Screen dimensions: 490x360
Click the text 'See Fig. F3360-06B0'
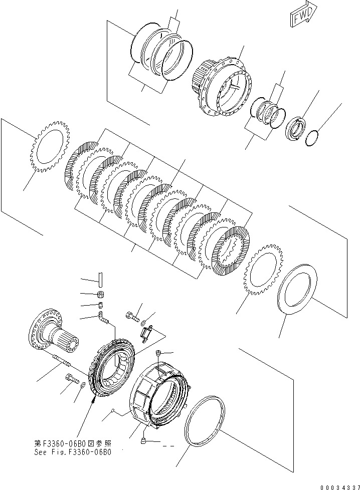point(73,451)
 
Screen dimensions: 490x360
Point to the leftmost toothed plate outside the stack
point(47,148)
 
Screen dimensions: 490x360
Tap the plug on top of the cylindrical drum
point(158,354)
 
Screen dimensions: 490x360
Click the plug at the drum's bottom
point(144,440)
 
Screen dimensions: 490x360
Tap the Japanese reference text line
point(73,443)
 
